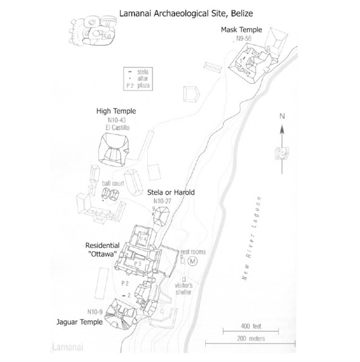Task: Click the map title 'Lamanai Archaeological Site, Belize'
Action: pyautogui.click(x=186, y=13)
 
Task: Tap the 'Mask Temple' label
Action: pyautogui.click(x=241, y=30)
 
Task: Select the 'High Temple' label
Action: pyautogui.click(x=116, y=111)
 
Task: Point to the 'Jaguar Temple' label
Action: pyautogui.click(x=80, y=322)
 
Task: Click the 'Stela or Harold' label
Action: pyautogui.click(x=171, y=192)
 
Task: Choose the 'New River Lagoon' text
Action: pyautogui.click(x=252, y=238)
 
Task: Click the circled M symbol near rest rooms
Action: pyautogui.click(x=192, y=262)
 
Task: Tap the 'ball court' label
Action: pyautogui.click(x=113, y=183)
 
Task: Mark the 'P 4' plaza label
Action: pyautogui.click(x=143, y=239)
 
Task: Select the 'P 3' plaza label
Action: pyautogui.click(x=138, y=263)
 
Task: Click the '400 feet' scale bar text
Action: pyautogui.click(x=251, y=326)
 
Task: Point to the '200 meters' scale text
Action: pyautogui.click(x=251, y=338)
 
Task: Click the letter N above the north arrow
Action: pyautogui.click(x=282, y=116)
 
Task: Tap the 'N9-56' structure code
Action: pyautogui.click(x=244, y=38)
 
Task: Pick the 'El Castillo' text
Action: pyautogui.click(x=118, y=128)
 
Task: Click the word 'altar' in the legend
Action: pyautogui.click(x=143, y=78)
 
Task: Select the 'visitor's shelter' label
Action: pyautogui.click(x=183, y=289)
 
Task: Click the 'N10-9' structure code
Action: pyautogui.click(x=95, y=312)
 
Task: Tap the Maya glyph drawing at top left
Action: pyautogui.click(x=93, y=30)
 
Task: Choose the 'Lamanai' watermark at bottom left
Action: pyautogui.click(x=68, y=347)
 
